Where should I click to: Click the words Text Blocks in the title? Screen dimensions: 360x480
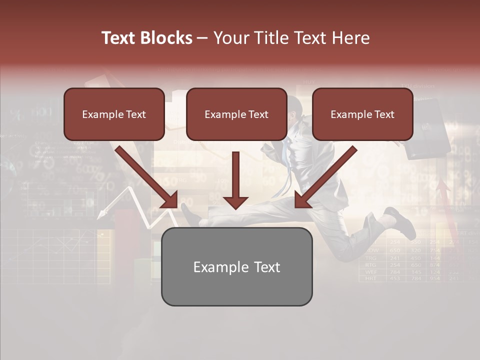tap(146, 38)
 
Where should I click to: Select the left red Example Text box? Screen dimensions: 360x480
tap(114, 114)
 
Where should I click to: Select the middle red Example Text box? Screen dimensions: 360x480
tap(236, 114)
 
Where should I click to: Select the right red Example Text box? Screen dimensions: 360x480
tap(362, 114)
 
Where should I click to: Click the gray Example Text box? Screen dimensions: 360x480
tap(236, 266)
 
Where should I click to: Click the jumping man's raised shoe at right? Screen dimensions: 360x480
tap(400, 220)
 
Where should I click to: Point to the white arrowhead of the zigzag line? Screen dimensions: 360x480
tap(102, 214)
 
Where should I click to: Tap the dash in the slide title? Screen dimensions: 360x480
tap(202, 38)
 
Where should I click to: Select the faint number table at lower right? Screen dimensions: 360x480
tap(410, 260)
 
